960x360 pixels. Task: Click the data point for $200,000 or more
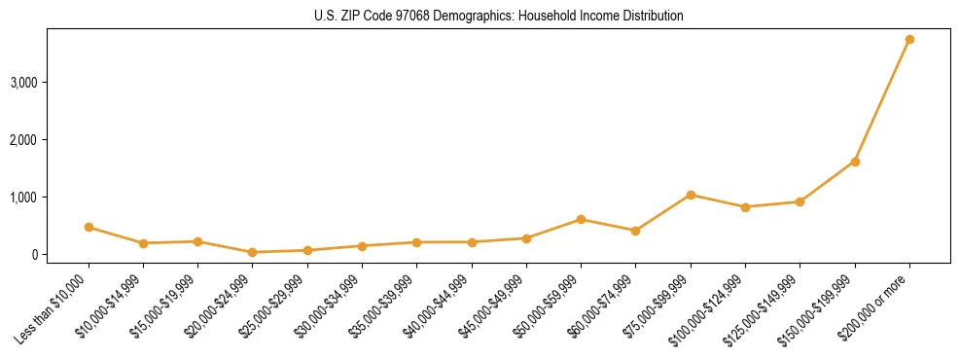pos(909,40)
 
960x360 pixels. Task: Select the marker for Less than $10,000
pos(89,228)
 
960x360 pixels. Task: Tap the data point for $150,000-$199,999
pos(855,162)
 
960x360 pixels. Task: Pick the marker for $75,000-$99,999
pos(691,195)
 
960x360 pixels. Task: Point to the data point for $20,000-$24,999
pos(253,252)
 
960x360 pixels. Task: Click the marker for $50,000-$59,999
pos(581,219)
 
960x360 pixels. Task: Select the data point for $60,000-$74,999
pos(635,231)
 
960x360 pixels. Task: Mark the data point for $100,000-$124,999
pos(745,207)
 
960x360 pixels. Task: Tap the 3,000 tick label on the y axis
pos(22,83)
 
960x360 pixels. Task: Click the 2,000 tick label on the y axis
pos(22,140)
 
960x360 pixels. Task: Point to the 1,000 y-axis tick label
pos(22,198)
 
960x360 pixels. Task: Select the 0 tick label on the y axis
pos(33,255)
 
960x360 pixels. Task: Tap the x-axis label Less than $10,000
pos(51,309)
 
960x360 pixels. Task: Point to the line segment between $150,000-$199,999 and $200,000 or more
pos(882,101)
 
